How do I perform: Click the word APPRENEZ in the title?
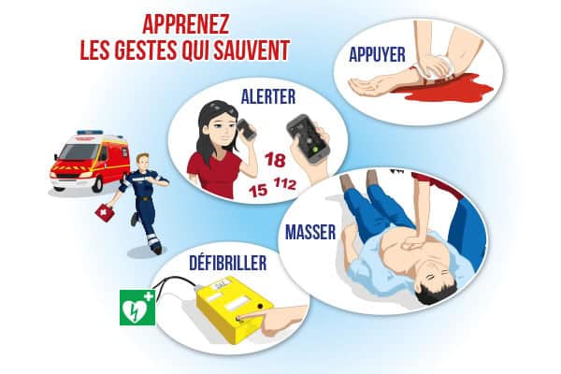tap(186, 24)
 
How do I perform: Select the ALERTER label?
tap(268, 96)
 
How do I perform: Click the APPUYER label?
tap(377, 54)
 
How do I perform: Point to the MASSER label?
tap(310, 232)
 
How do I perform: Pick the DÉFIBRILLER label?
tap(228, 262)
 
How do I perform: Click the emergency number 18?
tap(275, 160)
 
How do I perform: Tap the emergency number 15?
tap(258, 190)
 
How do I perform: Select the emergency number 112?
tap(285, 183)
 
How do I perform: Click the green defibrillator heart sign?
tap(137, 308)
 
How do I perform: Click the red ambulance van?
tap(90, 160)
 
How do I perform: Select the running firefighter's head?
tap(143, 162)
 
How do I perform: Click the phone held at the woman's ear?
tap(247, 129)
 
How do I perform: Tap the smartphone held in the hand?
tap(308, 139)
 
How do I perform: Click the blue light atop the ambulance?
tap(90, 133)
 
